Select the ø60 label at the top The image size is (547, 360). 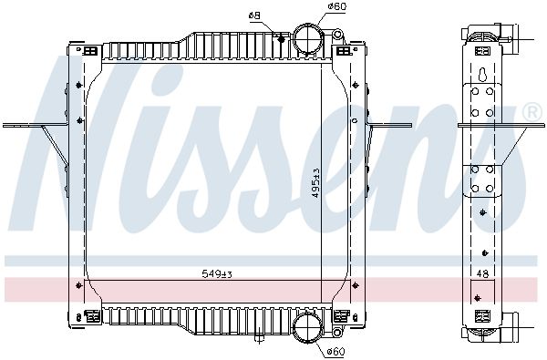coord(314,7)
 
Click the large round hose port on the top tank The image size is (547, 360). coord(308,39)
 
